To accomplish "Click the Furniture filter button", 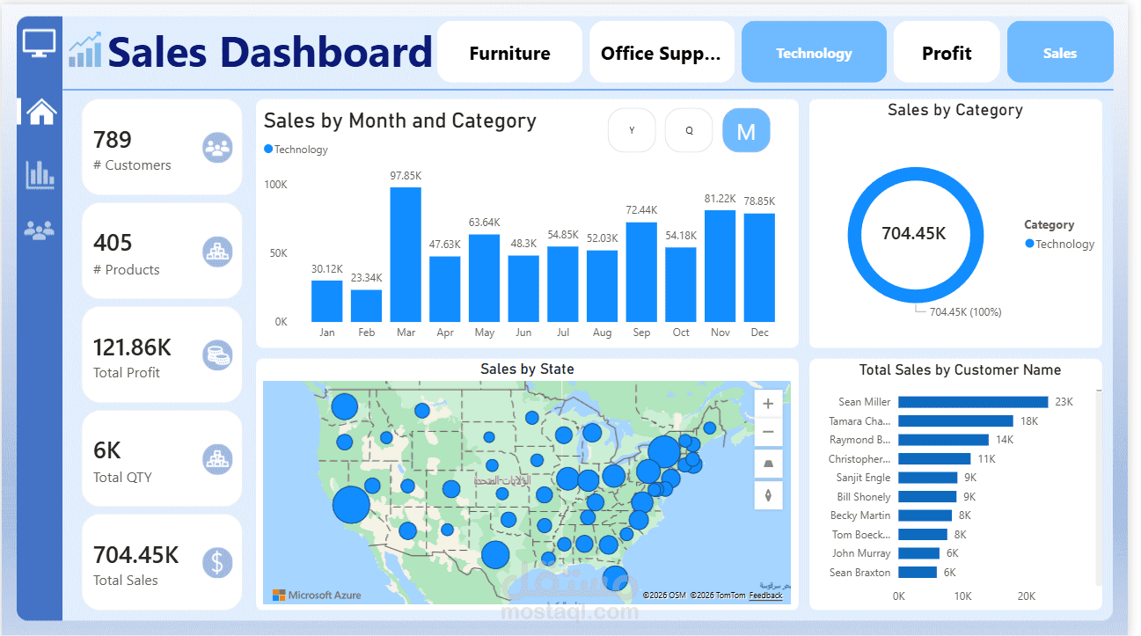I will pos(509,53).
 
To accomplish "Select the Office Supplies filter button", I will pos(661,53).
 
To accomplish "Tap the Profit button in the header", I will pos(947,53).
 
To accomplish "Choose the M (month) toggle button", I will pos(746,131).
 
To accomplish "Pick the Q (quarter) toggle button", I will pos(689,131).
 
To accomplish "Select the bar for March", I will pos(406,254).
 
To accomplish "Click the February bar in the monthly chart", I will pos(366,305).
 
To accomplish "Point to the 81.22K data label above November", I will pos(720,199).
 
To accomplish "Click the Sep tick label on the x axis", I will pos(641,333).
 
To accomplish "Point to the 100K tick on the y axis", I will pos(275,185).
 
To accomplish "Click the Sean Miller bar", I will pos(973,402).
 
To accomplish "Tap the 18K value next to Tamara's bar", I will pos(1029,421).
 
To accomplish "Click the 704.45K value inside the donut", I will pos(914,234).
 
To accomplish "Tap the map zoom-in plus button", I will pos(768,404).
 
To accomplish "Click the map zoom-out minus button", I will pos(768,432).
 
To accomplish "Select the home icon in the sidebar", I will pos(40,112).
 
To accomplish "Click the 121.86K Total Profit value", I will pos(132,347).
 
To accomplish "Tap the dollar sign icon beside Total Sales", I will pos(217,562).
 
